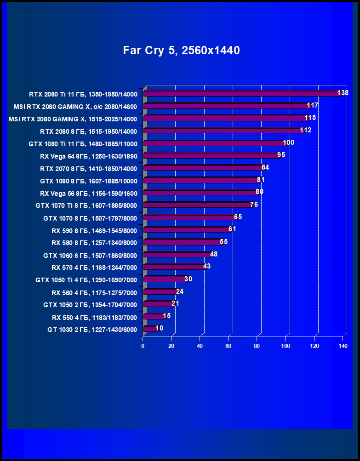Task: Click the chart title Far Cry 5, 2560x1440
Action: (x=181, y=51)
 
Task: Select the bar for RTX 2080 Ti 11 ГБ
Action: (x=241, y=94)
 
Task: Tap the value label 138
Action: (x=343, y=93)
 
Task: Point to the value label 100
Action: (x=288, y=142)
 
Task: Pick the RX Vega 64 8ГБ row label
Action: (x=88, y=156)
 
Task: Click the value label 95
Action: (x=281, y=155)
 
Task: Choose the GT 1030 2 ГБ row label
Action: (x=92, y=330)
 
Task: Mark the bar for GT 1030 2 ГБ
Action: (x=150, y=329)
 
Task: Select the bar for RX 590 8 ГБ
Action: (x=187, y=230)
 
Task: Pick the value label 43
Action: (x=206, y=266)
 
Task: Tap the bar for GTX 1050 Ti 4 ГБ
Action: (x=165, y=279)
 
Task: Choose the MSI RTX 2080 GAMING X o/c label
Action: (x=75, y=106)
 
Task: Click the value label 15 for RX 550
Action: (x=166, y=316)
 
